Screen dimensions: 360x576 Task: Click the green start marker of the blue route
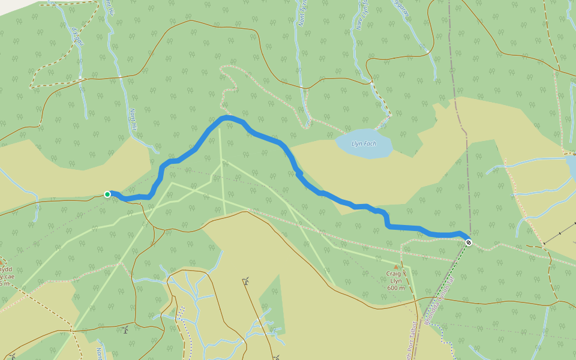pos(107,194)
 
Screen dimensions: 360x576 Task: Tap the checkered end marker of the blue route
pos(469,242)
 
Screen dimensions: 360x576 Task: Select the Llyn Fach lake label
pos(364,144)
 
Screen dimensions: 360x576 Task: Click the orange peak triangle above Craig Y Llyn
pos(396,266)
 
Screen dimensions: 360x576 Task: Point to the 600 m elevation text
pos(395,288)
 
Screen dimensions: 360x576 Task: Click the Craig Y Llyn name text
pos(396,277)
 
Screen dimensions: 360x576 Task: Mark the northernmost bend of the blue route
pos(226,118)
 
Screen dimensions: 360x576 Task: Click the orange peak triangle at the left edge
pos(2,262)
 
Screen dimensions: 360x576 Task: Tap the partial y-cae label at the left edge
pos(5,277)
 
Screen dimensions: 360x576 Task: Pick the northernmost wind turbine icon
pos(246,280)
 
